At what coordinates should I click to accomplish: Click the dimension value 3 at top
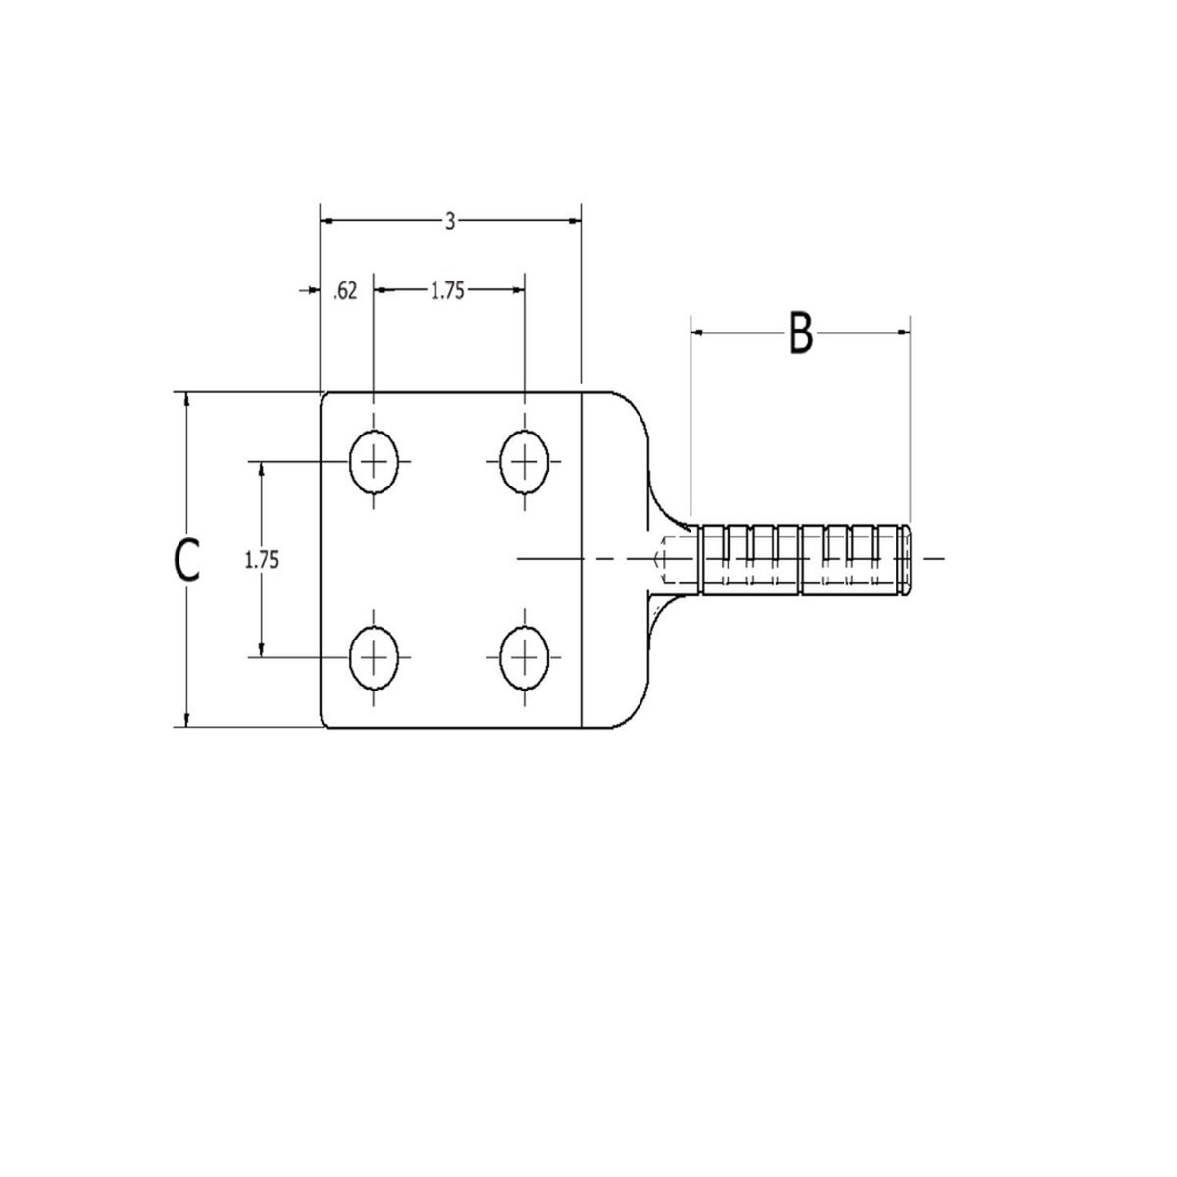[x=450, y=222]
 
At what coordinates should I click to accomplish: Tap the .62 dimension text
[x=344, y=291]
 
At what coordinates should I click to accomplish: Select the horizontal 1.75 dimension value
[x=447, y=290]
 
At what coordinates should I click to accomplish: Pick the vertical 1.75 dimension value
[x=262, y=560]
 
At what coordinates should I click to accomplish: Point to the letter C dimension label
[x=186, y=560]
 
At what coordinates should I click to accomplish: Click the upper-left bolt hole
[x=375, y=461]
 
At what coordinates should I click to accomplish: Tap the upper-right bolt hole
[x=525, y=461]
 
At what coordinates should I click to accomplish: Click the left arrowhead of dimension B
[x=698, y=333]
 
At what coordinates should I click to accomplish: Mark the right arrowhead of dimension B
[x=904, y=333]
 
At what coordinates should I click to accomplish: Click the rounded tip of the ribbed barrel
[x=909, y=559]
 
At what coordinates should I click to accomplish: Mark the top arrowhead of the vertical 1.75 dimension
[x=262, y=468]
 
